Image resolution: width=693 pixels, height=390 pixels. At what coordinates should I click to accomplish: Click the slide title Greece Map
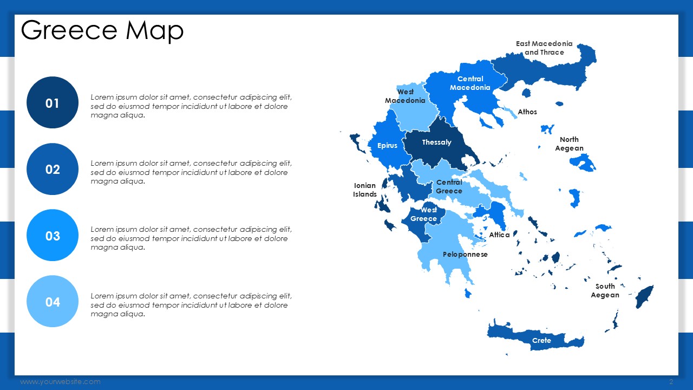click(102, 30)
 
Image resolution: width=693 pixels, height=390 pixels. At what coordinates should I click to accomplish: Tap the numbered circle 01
click(53, 102)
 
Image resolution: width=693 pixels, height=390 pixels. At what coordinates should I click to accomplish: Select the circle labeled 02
click(53, 169)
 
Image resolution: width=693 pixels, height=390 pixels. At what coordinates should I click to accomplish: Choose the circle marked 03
click(53, 235)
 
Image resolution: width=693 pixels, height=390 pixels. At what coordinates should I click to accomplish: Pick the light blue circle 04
click(53, 302)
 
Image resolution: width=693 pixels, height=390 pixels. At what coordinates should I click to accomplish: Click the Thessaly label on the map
click(436, 142)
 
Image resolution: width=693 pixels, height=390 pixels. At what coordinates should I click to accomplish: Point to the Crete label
click(541, 341)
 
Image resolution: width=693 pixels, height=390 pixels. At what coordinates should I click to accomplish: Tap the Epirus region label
click(387, 146)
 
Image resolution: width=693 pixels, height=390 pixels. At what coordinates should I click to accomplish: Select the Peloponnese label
click(465, 255)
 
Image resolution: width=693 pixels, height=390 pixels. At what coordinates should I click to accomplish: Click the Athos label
click(527, 112)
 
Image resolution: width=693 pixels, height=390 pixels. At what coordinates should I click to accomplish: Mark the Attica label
click(499, 235)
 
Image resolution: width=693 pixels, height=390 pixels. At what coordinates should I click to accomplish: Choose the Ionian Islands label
click(365, 190)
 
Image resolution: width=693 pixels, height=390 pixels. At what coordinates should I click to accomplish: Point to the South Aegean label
click(605, 291)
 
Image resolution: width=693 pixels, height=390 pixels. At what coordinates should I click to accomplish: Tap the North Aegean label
click(569, 144)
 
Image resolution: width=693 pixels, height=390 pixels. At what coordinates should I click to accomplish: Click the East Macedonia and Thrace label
click(544, 48)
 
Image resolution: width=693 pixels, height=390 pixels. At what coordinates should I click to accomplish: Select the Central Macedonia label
click(470, 83)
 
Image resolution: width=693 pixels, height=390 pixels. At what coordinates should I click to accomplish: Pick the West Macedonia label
click(405, 96)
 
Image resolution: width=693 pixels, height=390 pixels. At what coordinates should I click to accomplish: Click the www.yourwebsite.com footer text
click(60, 382)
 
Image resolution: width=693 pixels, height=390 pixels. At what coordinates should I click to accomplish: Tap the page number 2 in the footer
click(671, 382)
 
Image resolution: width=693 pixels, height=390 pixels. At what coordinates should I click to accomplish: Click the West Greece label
click(424, 214)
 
